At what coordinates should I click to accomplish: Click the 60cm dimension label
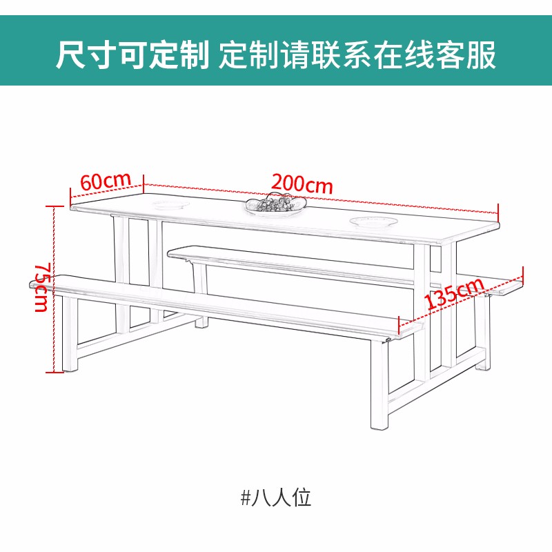[106, 180]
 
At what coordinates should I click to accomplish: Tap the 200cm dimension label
[302, 184]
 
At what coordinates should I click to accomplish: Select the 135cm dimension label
[454, 294]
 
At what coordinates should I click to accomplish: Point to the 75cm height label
[41, 287]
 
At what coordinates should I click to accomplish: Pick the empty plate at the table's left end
[171, 204]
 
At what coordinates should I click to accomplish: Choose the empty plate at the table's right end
[373, 221]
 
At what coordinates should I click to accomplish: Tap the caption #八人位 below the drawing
[276, 497]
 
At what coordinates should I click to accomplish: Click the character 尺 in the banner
[72, 55]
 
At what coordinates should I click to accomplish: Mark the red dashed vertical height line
[54, 289]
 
